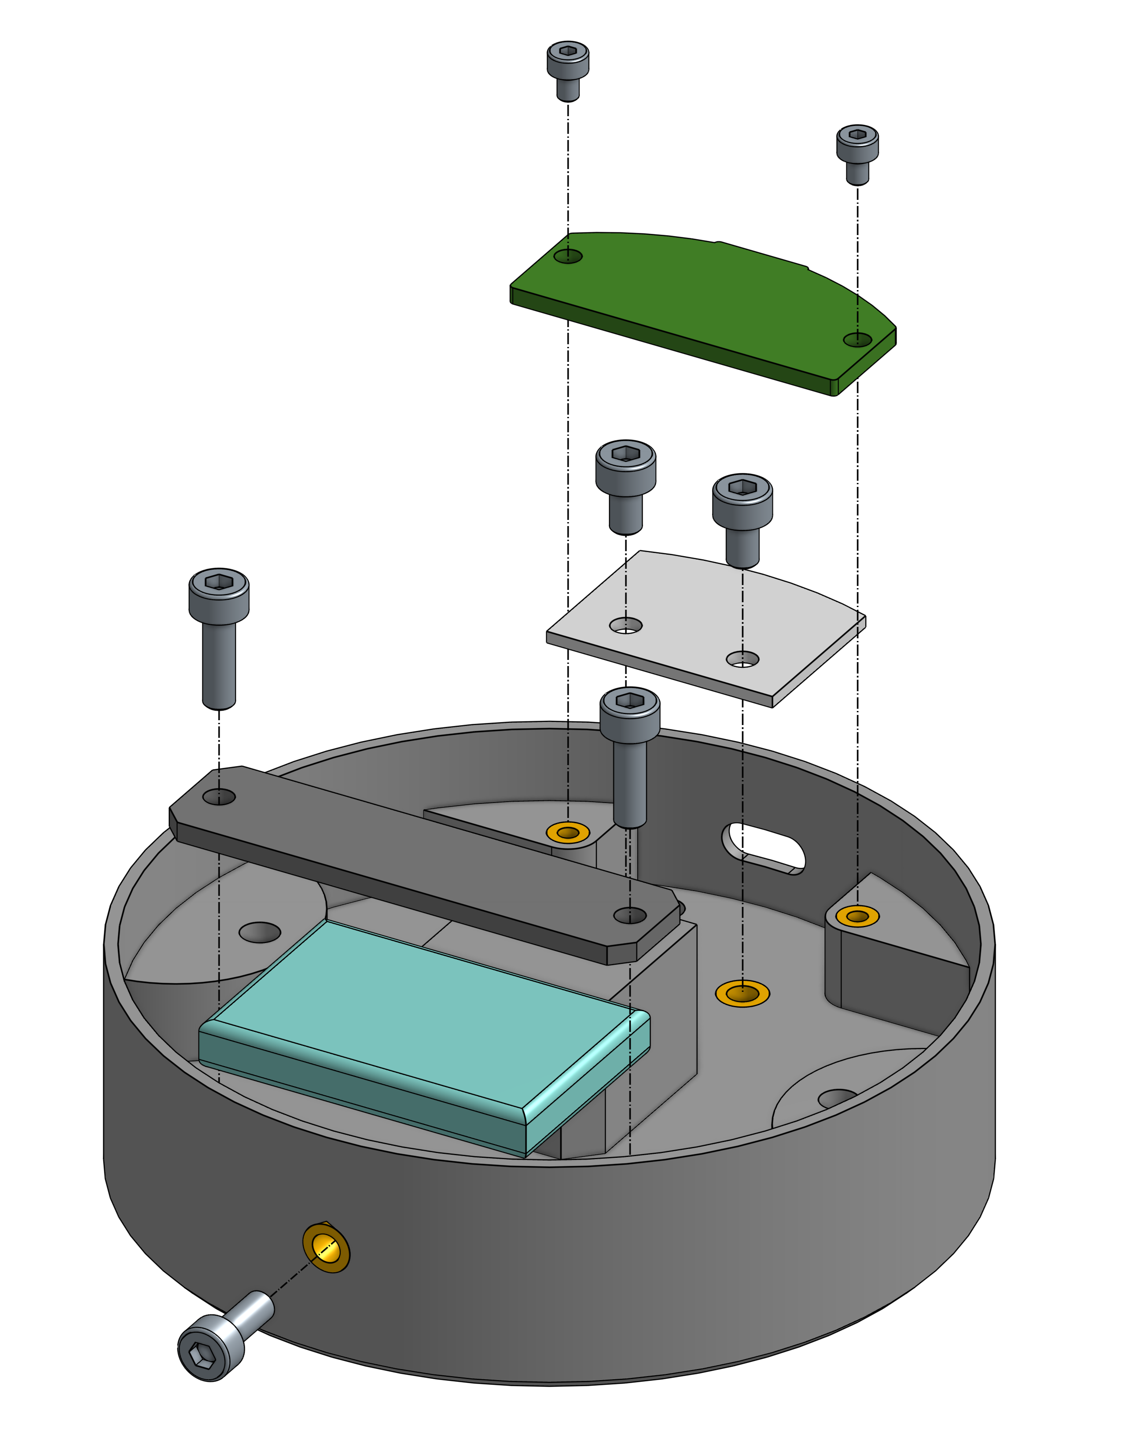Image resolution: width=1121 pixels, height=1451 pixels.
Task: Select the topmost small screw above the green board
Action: tap(568, 66)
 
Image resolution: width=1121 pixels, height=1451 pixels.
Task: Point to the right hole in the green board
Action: tap(857, 339)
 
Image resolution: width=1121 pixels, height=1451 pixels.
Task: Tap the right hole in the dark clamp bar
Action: tap(629, 916)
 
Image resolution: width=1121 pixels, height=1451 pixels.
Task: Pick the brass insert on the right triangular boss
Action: tap(857, 917)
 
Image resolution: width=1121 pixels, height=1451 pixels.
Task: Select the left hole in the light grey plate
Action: tap(625, 625)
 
